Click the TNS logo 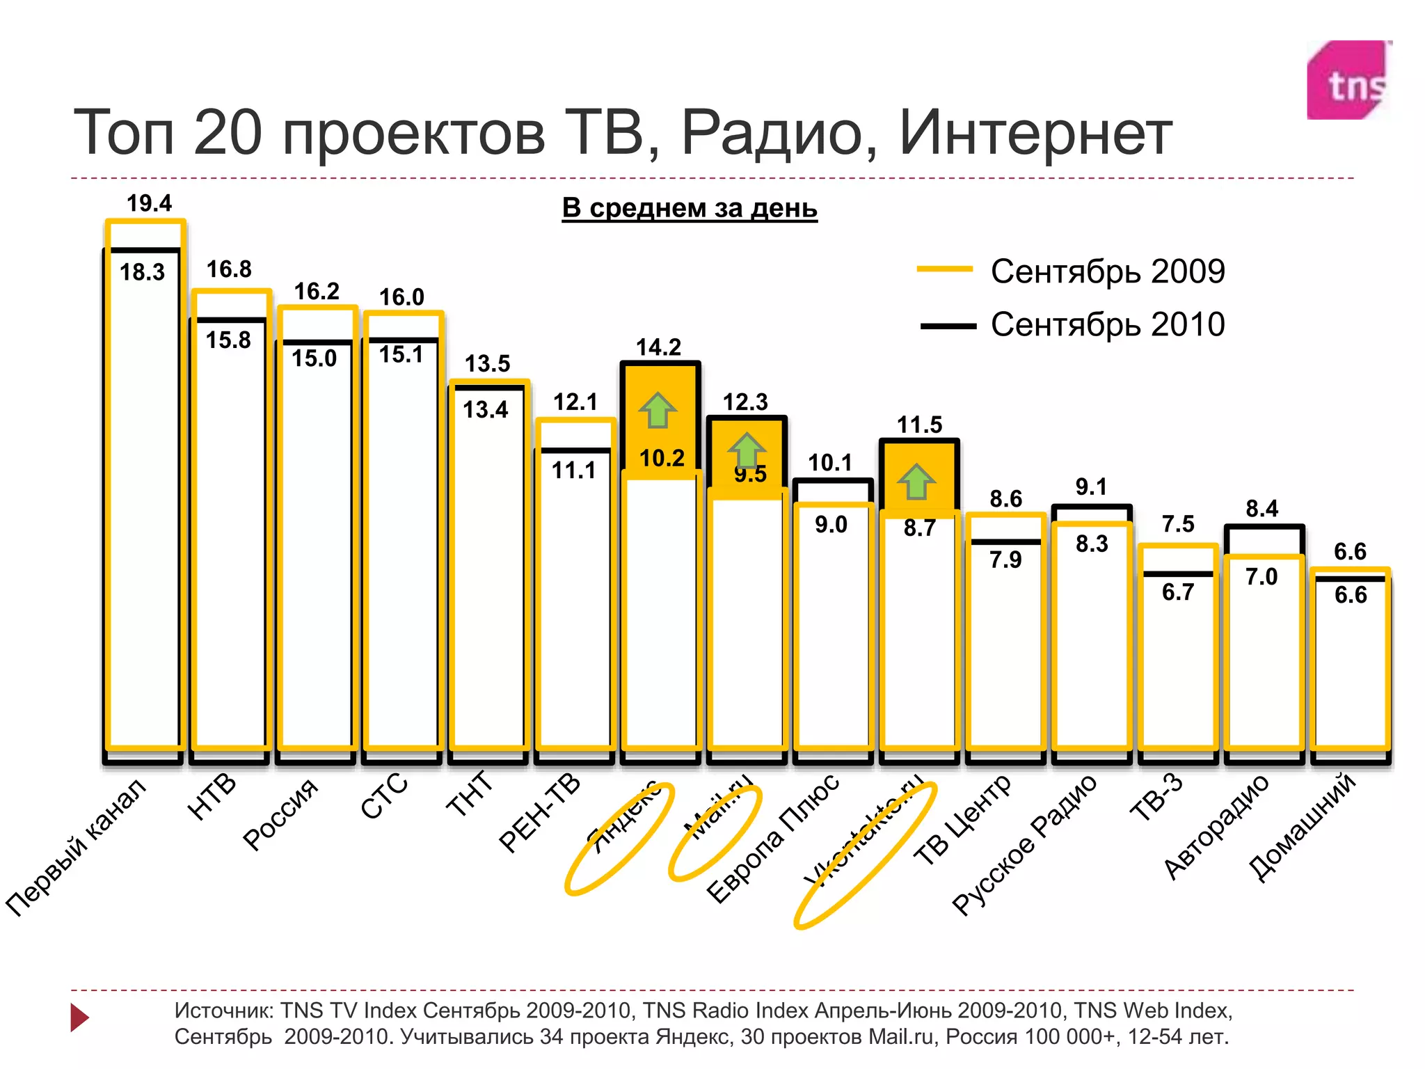point(1348,80)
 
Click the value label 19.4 point(149,203)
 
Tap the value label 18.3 point(142,272)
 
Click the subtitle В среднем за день point(689,207)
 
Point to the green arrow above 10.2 point(658,411)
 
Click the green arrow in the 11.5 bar point(916,482)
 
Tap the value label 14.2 point(658,347)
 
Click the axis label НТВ point(212,797)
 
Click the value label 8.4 point(1261,509)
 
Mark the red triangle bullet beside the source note point(79,1017)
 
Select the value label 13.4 point(486,410)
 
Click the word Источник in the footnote point(223,1010)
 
